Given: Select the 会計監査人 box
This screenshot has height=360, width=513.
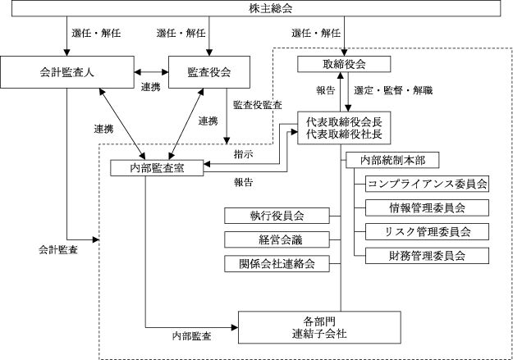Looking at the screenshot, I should (x=66, y=72).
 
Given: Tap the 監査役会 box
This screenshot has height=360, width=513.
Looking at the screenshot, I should (x=209, y=72).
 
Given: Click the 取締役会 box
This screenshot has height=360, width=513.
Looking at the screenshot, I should (x=343, y=64).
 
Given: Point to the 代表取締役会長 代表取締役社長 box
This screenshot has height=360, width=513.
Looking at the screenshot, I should (x=343, y=127).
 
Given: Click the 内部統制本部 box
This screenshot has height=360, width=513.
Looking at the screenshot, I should (x=392, y=159).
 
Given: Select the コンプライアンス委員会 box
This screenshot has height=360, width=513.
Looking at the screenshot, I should (x=427, y=184).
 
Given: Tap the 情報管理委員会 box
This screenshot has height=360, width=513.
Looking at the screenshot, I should (x=427, y=207).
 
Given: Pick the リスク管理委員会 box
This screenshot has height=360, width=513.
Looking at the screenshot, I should (x=427, y=231).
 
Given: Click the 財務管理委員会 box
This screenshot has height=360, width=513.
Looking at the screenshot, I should (x=427, y=255).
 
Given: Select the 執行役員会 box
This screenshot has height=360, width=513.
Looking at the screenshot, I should (x=277, y=216).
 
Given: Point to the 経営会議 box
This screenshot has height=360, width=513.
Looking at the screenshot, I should (x=277, y=239).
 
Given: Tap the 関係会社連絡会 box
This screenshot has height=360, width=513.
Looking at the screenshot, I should (x=277, y=263).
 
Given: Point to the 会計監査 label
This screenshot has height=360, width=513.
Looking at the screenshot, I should (x=58, y=248).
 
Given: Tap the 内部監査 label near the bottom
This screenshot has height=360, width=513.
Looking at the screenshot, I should (x=191, y=335).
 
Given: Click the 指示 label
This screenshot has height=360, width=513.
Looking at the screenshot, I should (x=243, y=153).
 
